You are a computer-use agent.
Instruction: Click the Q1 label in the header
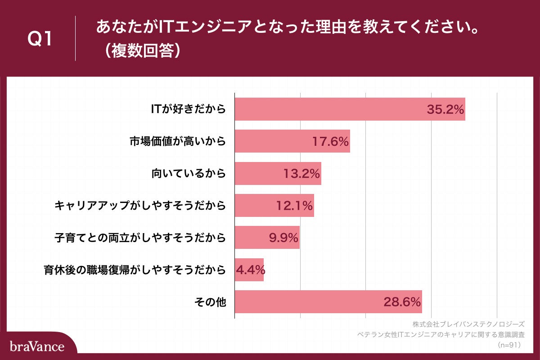coord(40,39)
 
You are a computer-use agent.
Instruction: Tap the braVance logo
coord(37,346)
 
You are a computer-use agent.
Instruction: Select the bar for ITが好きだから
coord(328,109)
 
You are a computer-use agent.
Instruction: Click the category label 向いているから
coord(188,174)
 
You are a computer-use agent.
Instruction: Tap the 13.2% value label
coord(302,174)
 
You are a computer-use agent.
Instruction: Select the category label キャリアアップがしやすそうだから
coord(140,206)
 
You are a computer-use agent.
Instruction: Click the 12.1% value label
coord(295,206)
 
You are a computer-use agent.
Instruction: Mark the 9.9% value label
coord(284,238)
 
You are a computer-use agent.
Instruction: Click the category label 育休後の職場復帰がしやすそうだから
coord(135,270)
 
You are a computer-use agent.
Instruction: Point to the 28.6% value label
coord(402,302)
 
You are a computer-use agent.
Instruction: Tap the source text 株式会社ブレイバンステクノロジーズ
coord(468,324)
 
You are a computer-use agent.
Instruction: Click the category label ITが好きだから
coord(188,109)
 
